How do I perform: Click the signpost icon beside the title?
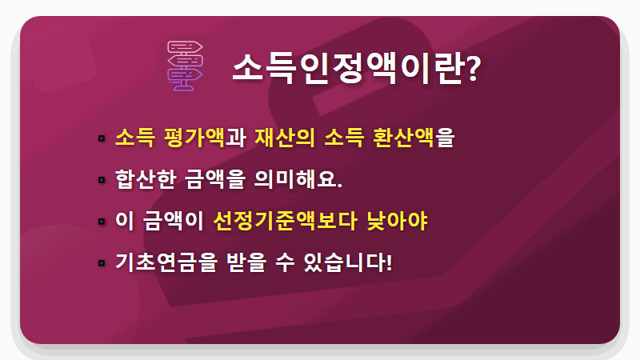185,66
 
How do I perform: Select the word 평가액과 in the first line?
205,138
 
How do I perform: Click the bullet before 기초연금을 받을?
102,263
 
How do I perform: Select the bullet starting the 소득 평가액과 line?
102,138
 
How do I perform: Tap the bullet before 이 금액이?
102,222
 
